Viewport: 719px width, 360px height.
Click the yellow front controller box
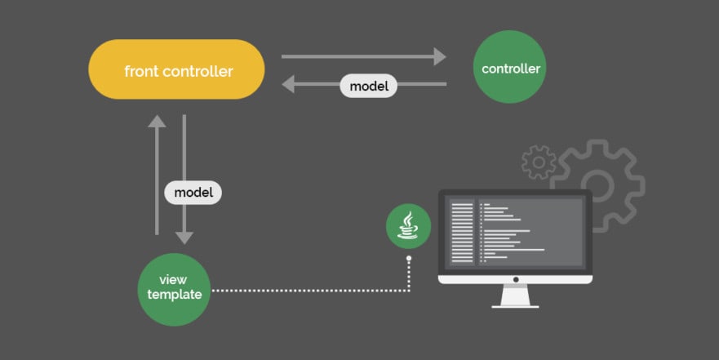[176, 69]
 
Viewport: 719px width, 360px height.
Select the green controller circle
[510, 69]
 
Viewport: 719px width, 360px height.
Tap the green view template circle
[174, 288]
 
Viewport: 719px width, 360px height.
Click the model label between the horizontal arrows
[369, 85]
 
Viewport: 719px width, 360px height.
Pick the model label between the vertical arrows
[193, 193]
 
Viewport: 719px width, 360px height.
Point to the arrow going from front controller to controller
[363, 56]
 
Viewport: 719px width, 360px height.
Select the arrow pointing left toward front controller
[310, 84]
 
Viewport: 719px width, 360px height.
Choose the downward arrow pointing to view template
[185, 180]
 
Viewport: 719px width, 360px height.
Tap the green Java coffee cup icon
[408, 226]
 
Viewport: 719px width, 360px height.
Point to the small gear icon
[538, 162]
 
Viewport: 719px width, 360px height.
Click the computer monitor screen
[515, 231]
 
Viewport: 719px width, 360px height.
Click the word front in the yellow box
[140, 71]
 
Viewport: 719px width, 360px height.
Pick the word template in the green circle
[175, 296]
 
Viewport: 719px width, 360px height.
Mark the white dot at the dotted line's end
[409, 259]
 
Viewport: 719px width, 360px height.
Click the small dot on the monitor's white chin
[515, 278]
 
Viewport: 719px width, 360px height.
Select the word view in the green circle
[174, 281]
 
